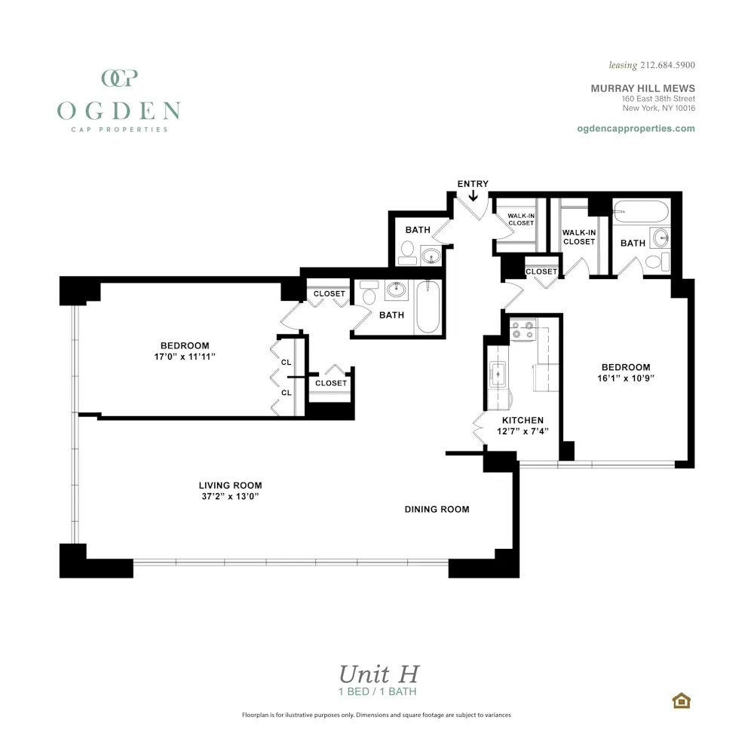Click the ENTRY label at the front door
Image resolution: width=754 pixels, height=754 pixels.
pos(473,184)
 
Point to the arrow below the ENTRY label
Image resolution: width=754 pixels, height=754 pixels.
pos(474,196)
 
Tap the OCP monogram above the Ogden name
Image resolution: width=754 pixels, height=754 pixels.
pos(118,78)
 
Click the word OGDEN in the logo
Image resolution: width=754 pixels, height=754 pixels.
pos(118,111)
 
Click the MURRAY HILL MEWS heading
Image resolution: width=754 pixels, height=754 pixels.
pos(642,88)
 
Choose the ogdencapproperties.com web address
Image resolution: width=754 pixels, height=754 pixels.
pos(635,128)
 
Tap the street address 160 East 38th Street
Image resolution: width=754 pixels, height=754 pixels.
pos(657,99)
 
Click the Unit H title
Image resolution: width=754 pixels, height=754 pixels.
pos(378,673)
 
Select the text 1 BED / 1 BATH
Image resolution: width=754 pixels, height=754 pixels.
pos(378,691)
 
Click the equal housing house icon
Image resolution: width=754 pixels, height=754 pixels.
pos(682,700)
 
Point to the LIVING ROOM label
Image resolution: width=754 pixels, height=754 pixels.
pos(230,486)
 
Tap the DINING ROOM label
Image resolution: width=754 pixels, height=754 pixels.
pos(437,510)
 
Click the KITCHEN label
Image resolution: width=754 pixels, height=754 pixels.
pos(523,420)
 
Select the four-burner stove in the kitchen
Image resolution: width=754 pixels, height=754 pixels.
pos(523,329)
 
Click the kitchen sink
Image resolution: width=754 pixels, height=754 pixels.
pos(498,372)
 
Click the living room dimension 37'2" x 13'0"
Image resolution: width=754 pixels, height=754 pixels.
pos(230,496)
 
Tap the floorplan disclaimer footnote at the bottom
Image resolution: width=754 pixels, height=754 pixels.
pos(376,715)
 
